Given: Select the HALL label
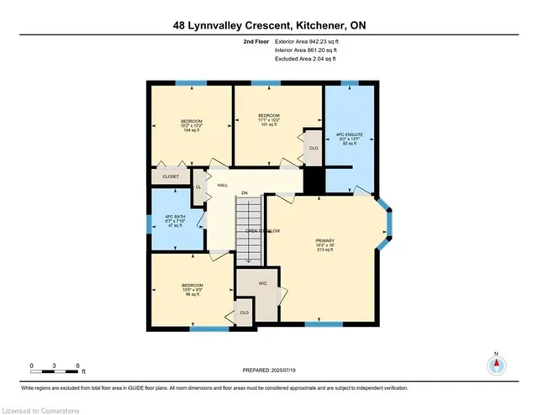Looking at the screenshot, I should [223, 185].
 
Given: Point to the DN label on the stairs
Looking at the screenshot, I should [245, 195].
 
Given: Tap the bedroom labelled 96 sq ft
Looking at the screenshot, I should [191, 290].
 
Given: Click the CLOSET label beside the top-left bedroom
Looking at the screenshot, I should [171, 177].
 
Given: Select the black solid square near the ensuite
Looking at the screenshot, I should [314, 179].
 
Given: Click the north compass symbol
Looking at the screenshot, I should [497, 365].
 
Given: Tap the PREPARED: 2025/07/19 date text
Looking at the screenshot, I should [268, 370].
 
